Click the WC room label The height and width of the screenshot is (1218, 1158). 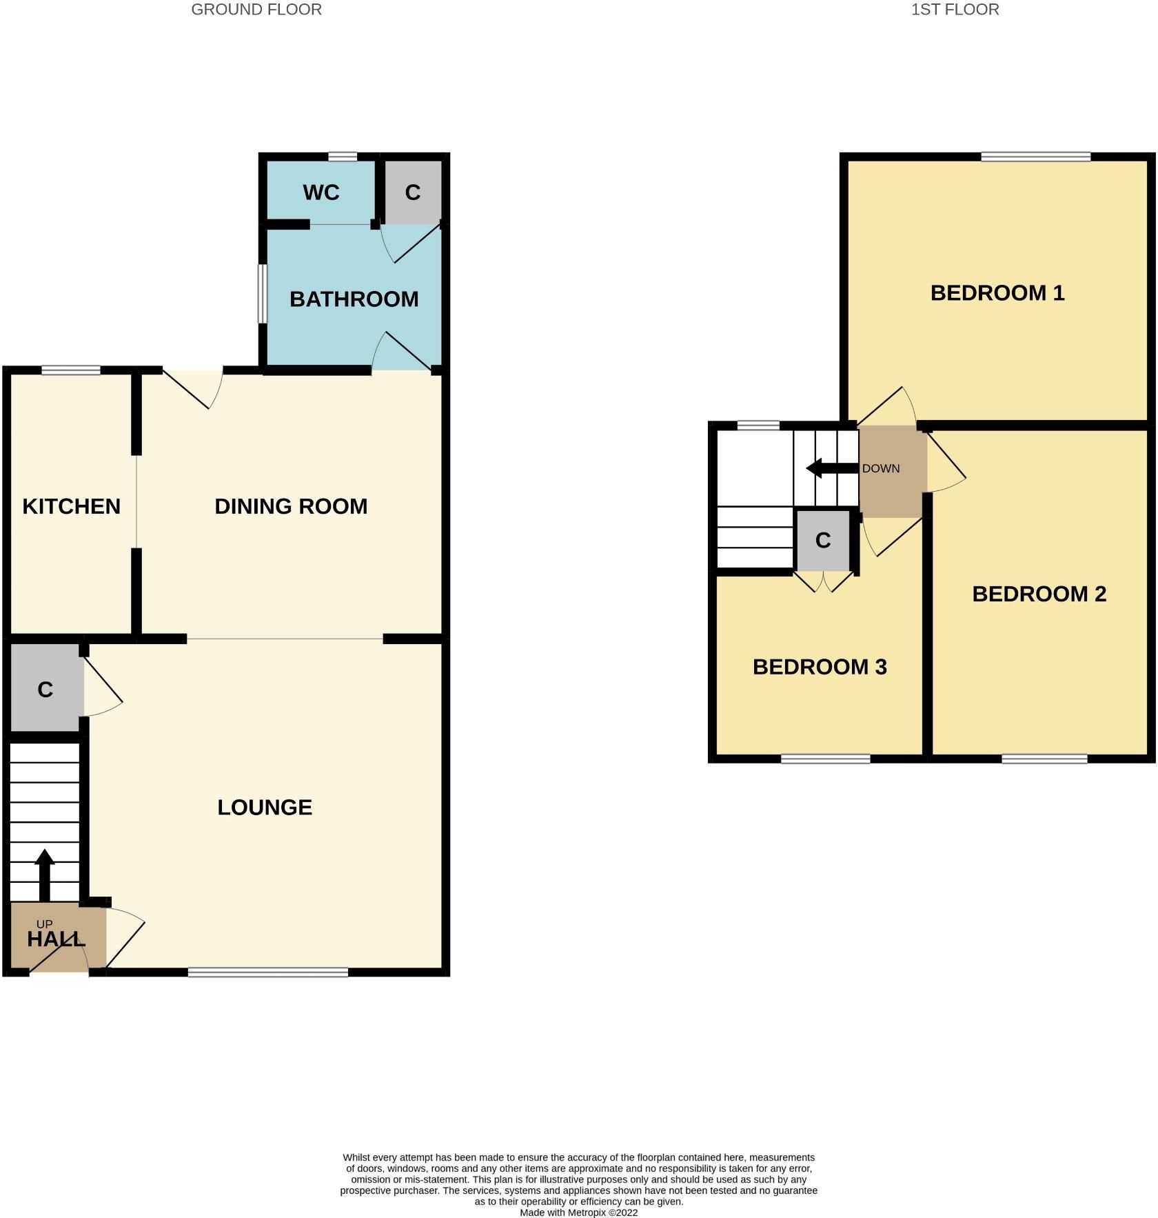(x=321, y=192)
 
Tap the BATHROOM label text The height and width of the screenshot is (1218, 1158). (x=354, y=299)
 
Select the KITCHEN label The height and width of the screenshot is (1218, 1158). (x=71, y=506)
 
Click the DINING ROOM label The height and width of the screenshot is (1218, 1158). (x=291, y=506)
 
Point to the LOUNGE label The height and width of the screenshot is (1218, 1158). (x=265, y=807)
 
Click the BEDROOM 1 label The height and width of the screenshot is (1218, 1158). (x=997, y=292)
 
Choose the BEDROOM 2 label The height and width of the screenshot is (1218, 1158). (x=1039, y=594)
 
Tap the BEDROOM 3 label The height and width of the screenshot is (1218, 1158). (x=820, y=667)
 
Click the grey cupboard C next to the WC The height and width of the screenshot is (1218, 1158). (x=412, y=192)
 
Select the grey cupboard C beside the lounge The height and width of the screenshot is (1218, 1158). (x=45, y=689)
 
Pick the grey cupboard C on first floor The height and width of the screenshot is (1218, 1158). (x=822, y=540)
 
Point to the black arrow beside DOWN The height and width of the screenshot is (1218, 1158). (x=831, y=468)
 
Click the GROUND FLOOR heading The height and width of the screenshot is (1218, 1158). (x=256, y=10)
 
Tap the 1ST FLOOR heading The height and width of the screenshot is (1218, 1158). (x=955, y=10)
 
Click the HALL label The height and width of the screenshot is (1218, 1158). (x=56, y=939)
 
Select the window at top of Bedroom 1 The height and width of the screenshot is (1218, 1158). (x=1035, y=157)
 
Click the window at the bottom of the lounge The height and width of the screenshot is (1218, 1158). (x=267, y=972)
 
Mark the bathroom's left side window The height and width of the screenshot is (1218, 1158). (x=263, y=293)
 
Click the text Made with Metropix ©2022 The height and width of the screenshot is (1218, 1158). (x=578, y=1212)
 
